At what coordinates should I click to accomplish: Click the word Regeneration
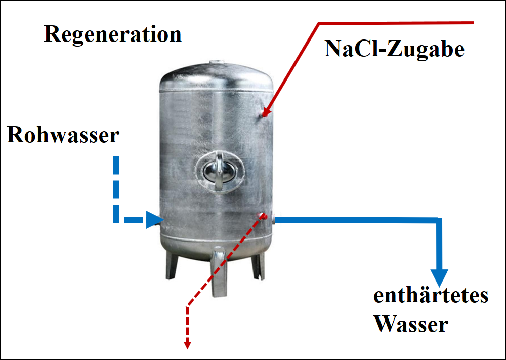(112, 34)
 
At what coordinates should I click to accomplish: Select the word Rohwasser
(63, 136)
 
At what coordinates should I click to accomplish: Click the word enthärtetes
(431, 296)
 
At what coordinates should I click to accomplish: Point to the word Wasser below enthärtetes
(411, 324)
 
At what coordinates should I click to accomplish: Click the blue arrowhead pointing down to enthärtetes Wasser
(439, 277)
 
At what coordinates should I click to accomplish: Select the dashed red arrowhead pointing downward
(187, 344)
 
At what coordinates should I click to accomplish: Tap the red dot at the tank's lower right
(262, 216)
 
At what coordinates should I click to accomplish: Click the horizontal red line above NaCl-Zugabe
(395, 23)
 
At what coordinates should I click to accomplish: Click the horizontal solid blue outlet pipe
(354, 219)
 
